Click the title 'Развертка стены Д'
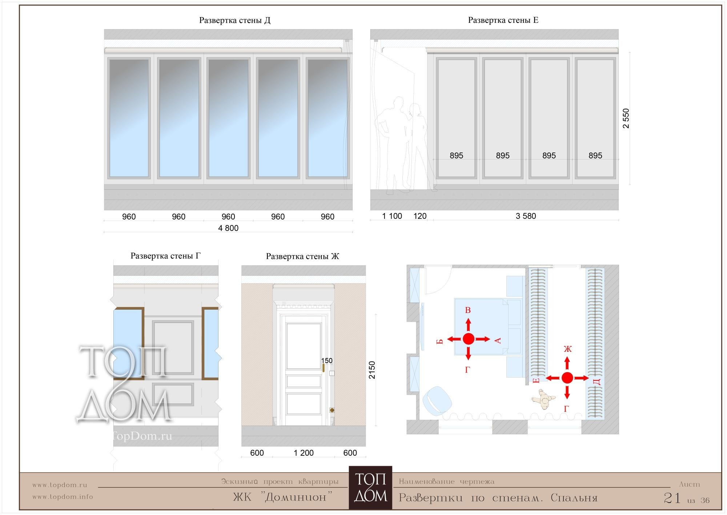click(x=235, y=20)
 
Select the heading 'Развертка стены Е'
click(x=503, y=20)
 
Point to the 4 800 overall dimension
click(x=228, y=228)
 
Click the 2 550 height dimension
click(x=626, y=118)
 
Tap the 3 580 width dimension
click(x=526, y=216)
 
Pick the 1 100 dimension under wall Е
click(x=392, y=216)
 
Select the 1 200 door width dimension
click(x=304, y=453)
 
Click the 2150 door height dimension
click(x=372, y=370)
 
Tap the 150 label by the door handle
click(x=327, y=361)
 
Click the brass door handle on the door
click(x=323, y=368)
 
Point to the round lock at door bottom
click(x=332, y=410)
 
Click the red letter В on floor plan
click(x=468, y=310)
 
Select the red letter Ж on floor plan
click(x=567, y=349)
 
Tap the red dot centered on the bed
click(x=469, y=339)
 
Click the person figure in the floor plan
click(x=543, y=399)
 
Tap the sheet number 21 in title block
click(x=672, y=498)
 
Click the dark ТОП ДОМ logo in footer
click(x=370, y=488)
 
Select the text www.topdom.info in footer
click(x=63, y=497)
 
